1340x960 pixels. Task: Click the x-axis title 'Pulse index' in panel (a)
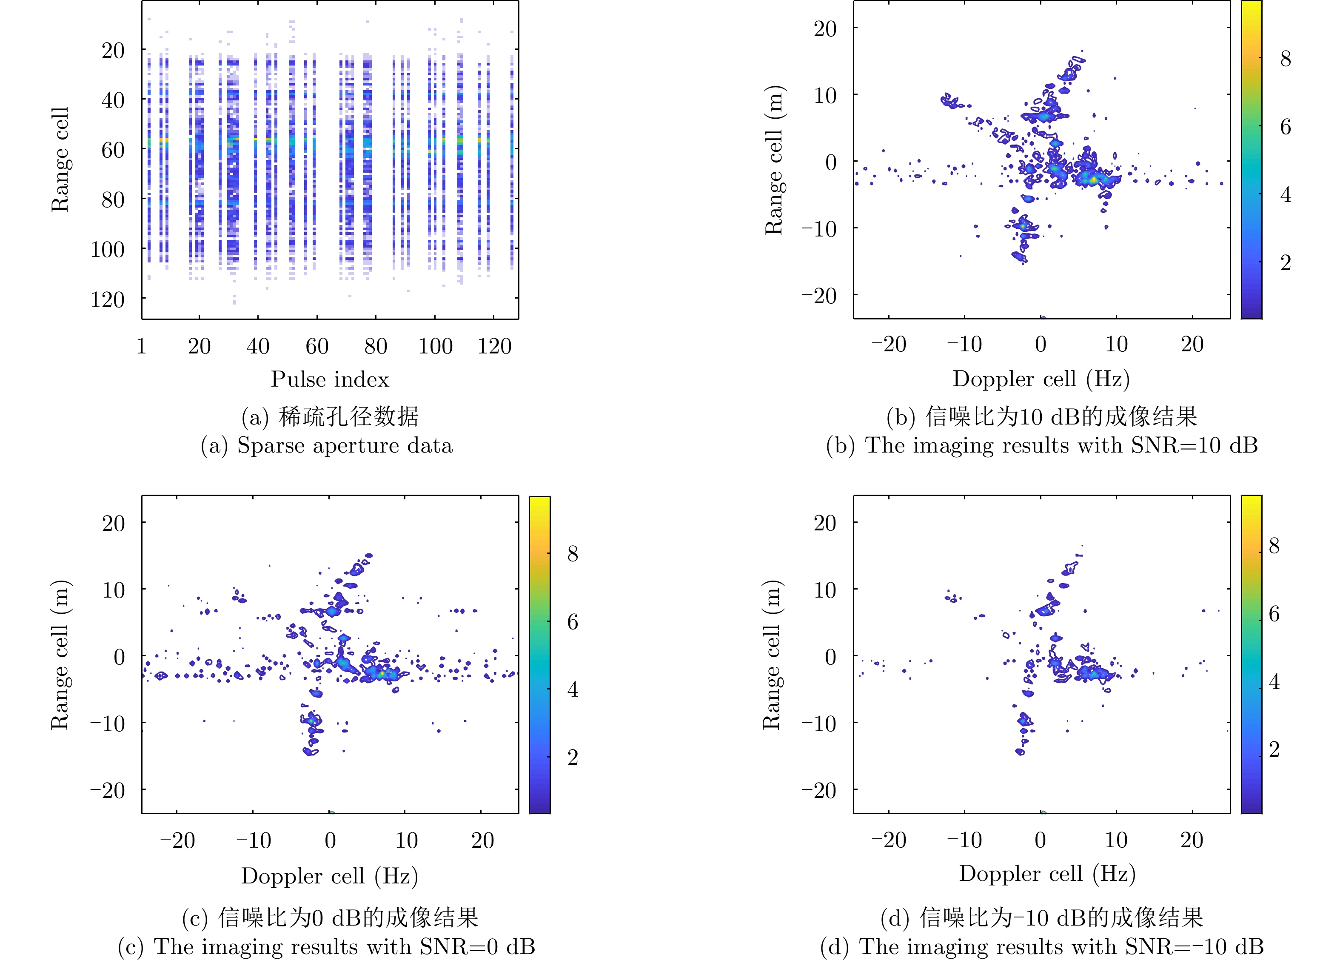[x=330, y=379]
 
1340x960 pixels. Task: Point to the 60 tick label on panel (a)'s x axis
[x=316, y=346]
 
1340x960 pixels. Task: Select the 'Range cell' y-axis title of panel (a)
[x=60, y=160]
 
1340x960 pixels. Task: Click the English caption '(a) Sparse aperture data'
[x=327, y=445]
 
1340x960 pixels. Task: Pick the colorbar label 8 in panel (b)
[x=1285, y=59]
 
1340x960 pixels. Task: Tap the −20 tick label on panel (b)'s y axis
[x=819, y=295]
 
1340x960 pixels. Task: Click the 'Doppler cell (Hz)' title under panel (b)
[x=1041, y=379]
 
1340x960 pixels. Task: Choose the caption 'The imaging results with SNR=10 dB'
[x=1042, y=445]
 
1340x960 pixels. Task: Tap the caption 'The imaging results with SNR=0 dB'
[x=327, y=947]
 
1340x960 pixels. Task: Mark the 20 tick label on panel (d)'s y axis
[x=825, y=523]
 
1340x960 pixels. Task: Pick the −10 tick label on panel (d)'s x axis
[x=964, y=840]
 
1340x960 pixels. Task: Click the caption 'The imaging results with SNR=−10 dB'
[x=1042, y=947]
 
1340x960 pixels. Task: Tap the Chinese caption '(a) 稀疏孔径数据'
[x=330, y=416]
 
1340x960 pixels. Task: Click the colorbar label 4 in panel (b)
[x=1285, y=194]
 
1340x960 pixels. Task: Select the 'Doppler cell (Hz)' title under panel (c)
[x=330, y=875]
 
